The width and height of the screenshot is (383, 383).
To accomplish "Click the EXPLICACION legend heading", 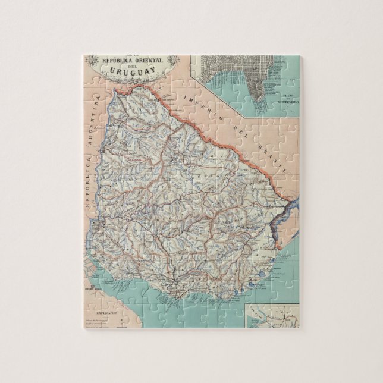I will tap(106, 310).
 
